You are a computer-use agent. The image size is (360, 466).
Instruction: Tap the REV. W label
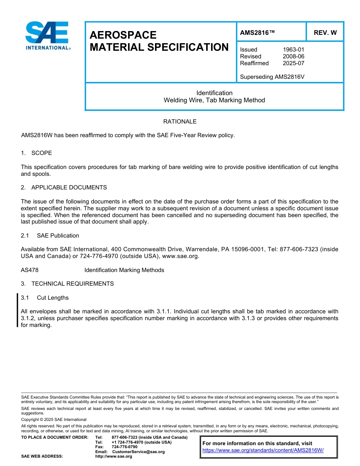click(325, 33)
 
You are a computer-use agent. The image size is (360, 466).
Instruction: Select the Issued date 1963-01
click(293, 50)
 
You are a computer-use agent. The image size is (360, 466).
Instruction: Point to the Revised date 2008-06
click(293, 56)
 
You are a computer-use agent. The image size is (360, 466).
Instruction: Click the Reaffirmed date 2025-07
click(293, 63)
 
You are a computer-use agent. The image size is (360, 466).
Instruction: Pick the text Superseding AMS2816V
click(272, 77)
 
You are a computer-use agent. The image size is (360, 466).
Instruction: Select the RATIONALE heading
click(180, 122)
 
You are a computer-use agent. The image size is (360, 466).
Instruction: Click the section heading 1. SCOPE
click(36, 153)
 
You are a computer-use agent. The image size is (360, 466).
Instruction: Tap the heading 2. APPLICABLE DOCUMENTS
click(64, 188)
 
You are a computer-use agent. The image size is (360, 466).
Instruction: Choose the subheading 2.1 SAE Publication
click(50, 236)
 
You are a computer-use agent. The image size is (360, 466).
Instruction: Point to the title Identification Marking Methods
click(124, 270)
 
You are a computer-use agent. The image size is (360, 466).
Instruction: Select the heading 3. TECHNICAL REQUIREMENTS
click(67, 284)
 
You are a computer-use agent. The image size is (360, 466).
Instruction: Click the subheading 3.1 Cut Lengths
click(45, 298)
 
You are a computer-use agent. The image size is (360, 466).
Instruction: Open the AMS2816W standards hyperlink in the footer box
click(263, 450)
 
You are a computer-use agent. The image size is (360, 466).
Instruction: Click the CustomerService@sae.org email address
click(138, 452)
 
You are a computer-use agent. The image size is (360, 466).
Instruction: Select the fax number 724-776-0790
click(124, 447)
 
